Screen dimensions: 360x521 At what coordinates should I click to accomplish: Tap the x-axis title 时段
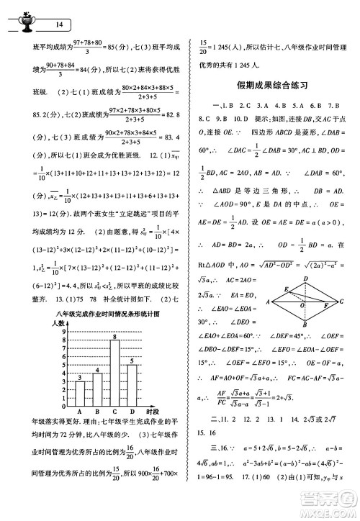[150, 409]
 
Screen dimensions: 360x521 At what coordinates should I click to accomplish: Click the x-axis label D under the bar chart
[131, 409]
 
